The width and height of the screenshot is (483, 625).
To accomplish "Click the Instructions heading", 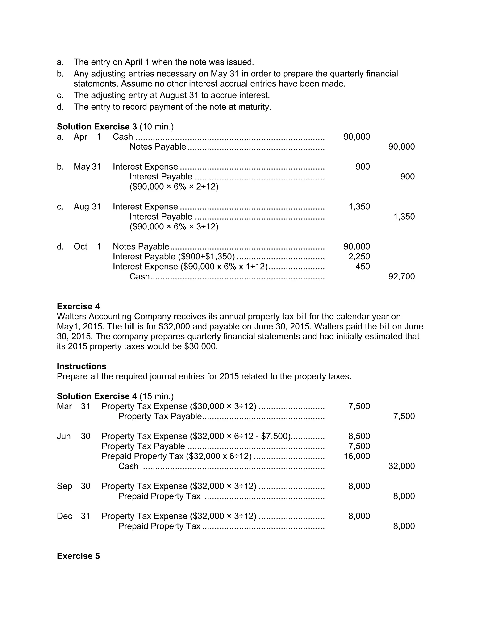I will point(82,366).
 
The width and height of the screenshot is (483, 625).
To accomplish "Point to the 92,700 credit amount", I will point(401,276).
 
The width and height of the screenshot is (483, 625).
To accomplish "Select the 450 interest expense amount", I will point(362,267).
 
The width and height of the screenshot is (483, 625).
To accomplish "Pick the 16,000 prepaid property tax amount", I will point(357,456).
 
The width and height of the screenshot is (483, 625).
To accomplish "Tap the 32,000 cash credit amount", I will point(401,466).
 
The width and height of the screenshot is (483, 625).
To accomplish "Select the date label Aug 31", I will point(87,207).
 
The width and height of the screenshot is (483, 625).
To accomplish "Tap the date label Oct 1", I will point(87,246).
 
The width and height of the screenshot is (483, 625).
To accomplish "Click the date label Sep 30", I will point(73,486).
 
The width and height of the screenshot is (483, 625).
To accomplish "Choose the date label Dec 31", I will point(73,516).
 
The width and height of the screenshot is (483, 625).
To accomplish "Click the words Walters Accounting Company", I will point(114,316).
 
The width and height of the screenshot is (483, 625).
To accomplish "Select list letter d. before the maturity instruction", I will point(60,107).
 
